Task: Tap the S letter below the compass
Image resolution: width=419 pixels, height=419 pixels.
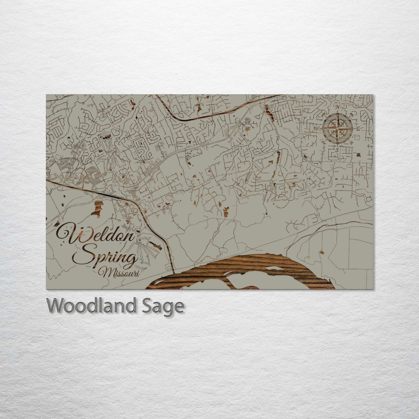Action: (337, 150)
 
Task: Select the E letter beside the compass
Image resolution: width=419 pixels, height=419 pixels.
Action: (358, 129)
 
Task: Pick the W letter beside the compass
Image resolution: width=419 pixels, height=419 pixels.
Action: (316, 128)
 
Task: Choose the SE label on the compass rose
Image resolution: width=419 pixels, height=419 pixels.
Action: (351, 143)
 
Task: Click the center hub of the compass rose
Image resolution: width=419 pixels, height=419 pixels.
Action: (337, 128)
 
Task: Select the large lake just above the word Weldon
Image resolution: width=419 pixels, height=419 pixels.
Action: (98, 208)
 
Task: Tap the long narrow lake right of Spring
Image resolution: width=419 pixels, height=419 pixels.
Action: (157, 246)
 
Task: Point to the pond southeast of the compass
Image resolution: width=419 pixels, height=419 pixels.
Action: (359, 155)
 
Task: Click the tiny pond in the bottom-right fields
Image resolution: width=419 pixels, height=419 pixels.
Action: (321, 252)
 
